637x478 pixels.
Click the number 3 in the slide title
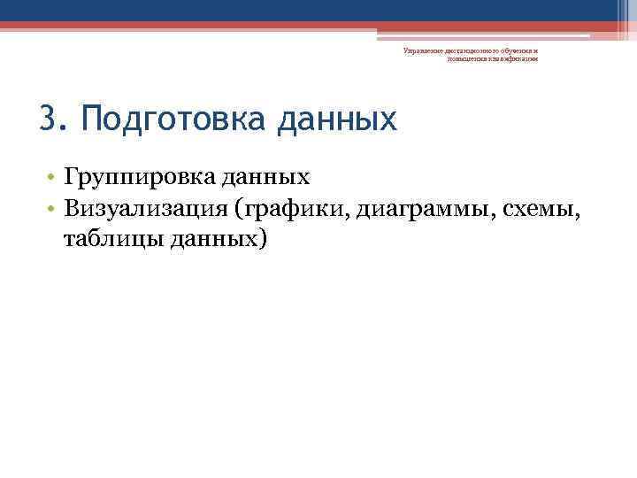[48, 118]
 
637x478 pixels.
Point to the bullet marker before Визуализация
[53, 209]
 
